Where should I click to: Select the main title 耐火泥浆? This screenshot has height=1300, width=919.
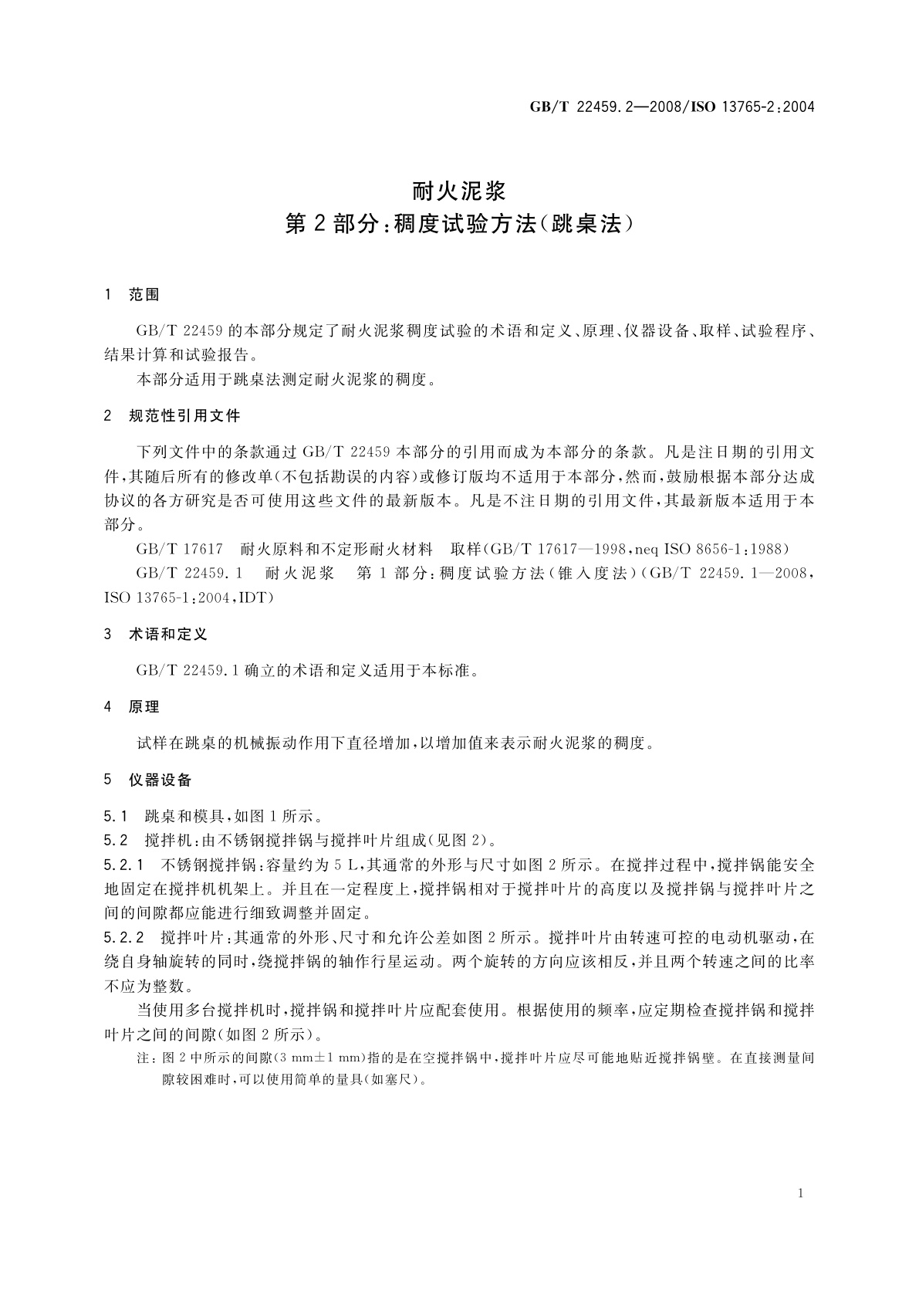pyautogui.click(x=459, y=189)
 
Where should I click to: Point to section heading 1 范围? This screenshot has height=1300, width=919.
pyautogui.click(x=132, y=294)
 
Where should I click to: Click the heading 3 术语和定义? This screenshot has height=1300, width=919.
pyautogui.click(x=156, y=635)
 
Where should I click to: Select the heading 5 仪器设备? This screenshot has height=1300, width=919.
pyautogui.click(x=148, y=780)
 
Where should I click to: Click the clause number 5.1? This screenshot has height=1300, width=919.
pyautogui.click(x=115, y=816)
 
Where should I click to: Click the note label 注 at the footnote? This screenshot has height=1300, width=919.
pyautogui.click(x=143, y=1058)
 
